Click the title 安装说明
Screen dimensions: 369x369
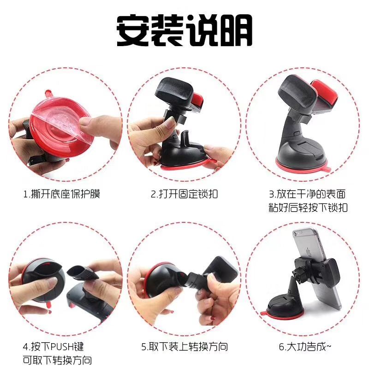(184, 30)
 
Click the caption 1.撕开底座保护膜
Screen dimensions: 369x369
(62, 194)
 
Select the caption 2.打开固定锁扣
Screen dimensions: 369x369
(184, 194)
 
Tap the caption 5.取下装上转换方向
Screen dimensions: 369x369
(184, 347)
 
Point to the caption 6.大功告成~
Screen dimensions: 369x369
(305, 347)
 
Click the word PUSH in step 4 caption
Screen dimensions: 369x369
(62, 347)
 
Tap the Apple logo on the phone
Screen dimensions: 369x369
(308, 252)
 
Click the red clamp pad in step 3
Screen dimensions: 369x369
(324, 94)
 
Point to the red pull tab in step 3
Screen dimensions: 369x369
(327, 168)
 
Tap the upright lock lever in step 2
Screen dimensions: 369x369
(186, 139)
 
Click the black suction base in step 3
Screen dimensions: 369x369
(302, 151)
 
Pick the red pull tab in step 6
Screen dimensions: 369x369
(263, 313)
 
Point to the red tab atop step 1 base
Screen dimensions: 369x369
(48, 94)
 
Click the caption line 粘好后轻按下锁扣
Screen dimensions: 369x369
(308, 208)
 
